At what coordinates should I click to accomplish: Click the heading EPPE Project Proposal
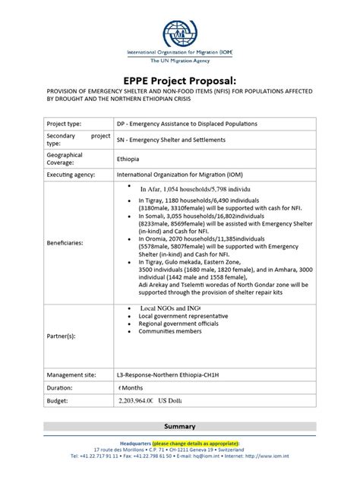[x=179, y=81]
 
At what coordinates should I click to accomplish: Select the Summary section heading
[x=179, y=426]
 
